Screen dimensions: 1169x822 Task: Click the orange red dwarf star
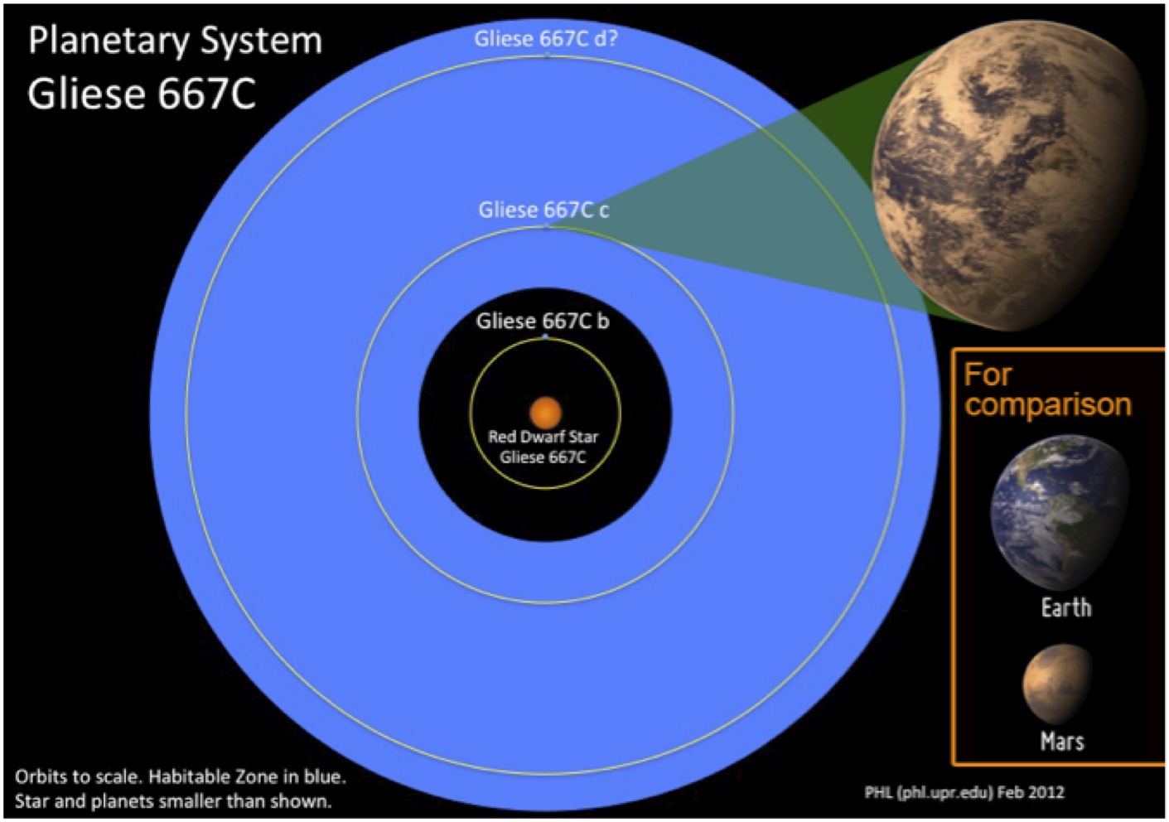(545, 412)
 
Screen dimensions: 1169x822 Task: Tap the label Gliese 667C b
(543, 321)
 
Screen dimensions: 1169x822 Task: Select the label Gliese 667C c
(543, 210)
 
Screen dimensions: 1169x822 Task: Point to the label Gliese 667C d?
(546, 39)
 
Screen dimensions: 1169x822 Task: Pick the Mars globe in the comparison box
(1057, 683)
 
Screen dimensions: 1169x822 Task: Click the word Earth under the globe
(1065, 607)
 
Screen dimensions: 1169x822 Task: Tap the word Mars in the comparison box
(1062, 741)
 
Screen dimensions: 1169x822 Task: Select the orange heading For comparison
(1047, 389)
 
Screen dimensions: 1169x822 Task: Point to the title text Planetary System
(175, 41)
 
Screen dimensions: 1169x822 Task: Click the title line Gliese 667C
(142, 94)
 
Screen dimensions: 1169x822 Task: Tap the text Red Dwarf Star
(543, 437)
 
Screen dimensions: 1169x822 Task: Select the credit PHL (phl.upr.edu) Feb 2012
(964, 792)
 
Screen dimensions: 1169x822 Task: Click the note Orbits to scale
(78, 777)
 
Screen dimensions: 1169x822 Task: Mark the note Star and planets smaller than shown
(173, 801)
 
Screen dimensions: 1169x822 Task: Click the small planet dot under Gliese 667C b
(545, 337)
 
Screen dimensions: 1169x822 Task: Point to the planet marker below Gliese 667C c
(546, 226)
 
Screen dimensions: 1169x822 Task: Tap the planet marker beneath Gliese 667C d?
(547, 55)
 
